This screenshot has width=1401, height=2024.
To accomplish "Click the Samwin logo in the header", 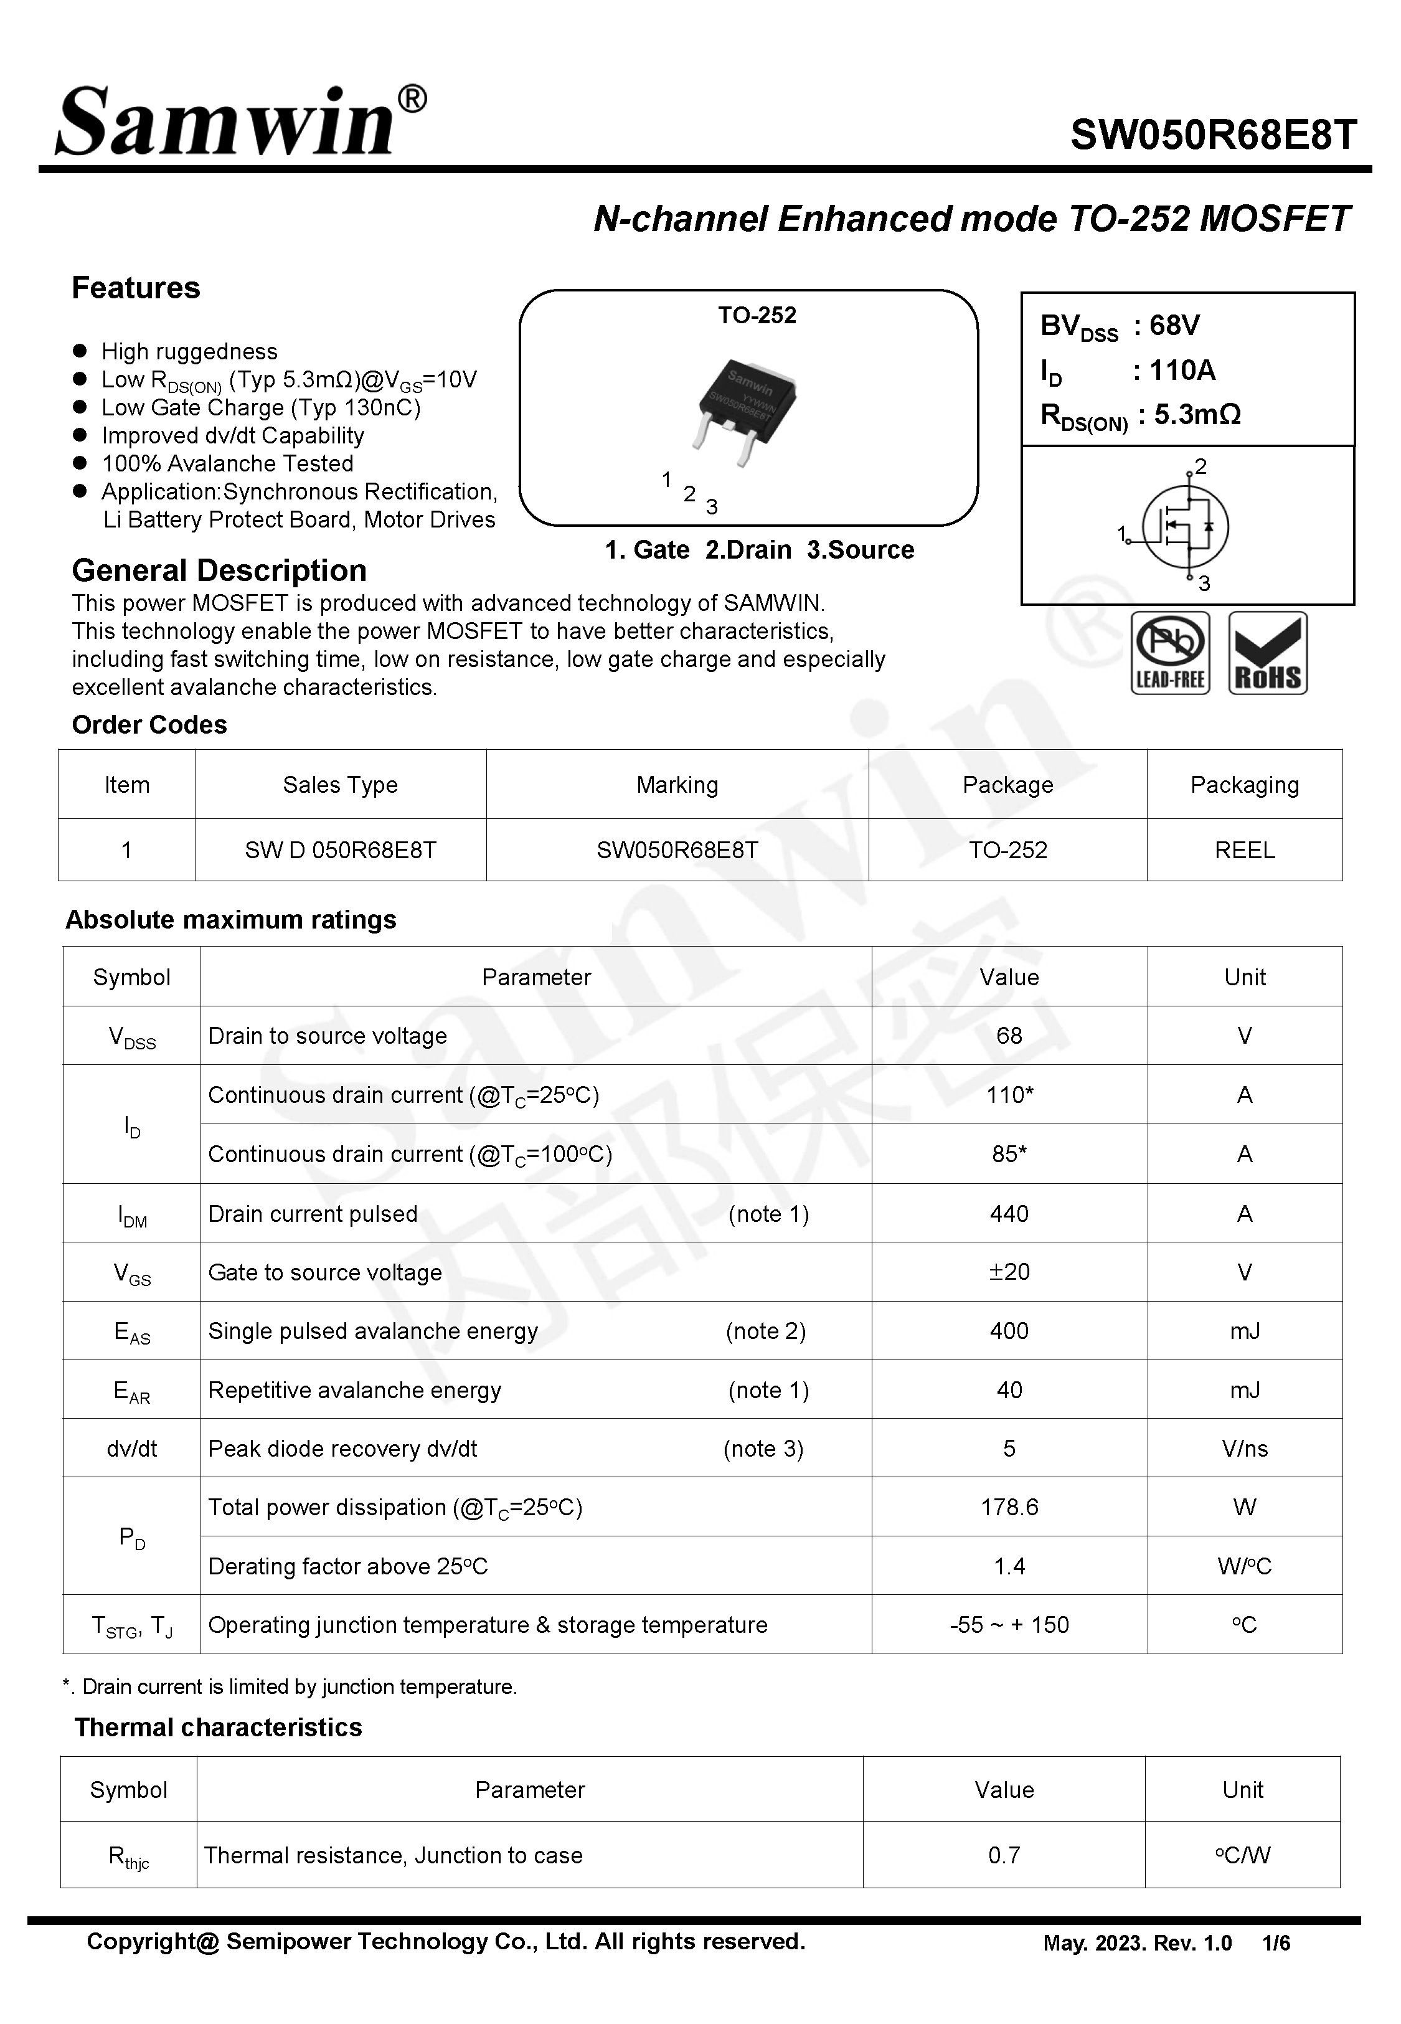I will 238,123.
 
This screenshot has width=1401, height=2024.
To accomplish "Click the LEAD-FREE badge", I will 1169,653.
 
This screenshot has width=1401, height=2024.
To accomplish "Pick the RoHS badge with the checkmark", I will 1268,653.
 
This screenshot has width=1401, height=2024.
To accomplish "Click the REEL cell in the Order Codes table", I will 1244,849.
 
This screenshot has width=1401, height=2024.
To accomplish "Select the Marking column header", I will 677,785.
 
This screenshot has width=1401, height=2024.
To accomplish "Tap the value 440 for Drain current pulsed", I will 1009,1214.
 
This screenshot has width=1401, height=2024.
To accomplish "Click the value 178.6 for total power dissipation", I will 1009,1507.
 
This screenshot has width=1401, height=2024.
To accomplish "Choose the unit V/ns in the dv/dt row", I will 1244,1448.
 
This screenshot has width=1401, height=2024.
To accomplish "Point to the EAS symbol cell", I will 131,1331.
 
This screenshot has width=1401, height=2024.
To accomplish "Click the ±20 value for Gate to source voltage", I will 1009,1272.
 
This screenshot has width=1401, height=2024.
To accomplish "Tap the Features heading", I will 136,288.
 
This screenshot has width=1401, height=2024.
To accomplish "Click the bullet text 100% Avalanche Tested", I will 227,463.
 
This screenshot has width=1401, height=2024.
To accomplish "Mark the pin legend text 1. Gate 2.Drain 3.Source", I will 759,549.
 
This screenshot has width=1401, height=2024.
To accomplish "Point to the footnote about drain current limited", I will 290,1686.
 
